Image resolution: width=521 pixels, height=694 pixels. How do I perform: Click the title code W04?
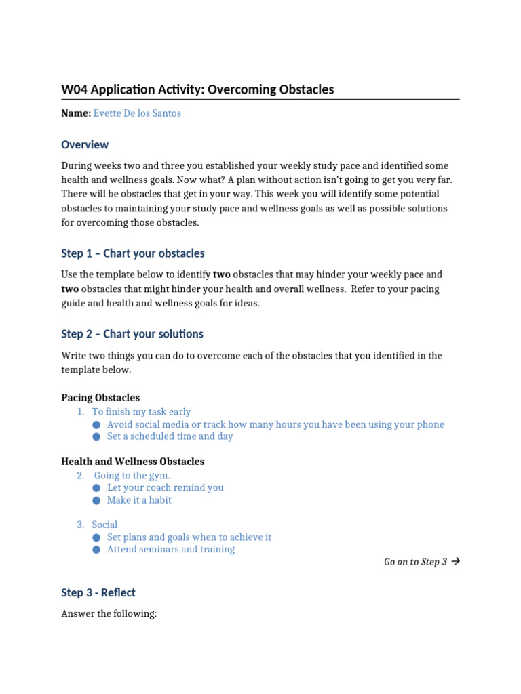click(75, 89)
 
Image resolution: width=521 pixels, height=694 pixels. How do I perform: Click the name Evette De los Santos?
click(137, 113)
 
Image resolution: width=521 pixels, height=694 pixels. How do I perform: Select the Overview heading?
click(85, 144)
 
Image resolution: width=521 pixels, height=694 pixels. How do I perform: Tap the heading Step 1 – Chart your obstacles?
click(132, 253)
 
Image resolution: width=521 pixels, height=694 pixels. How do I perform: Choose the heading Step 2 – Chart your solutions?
click(132, 334)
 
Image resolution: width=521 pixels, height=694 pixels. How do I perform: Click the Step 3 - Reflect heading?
click(98, 593)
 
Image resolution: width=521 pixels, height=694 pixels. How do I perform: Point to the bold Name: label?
click(76, 113)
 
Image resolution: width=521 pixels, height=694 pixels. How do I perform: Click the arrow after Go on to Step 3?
click(455, 562)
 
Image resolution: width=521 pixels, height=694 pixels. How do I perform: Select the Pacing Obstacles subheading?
click(100, 398)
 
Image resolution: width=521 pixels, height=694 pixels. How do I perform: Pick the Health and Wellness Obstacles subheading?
click(132, 462)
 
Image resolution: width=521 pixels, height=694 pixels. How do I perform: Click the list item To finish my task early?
click(141, 412)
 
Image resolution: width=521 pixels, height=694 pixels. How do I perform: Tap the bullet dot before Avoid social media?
click(97, 425)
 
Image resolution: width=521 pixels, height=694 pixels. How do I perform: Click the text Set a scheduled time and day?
click(170, 436)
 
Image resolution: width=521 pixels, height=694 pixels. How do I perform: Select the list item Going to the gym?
click(132, 476)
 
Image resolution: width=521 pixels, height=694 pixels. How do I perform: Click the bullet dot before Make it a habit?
click(97, 500)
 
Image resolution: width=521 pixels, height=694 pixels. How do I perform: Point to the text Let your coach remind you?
click(165, 488)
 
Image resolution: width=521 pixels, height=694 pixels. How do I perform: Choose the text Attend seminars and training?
click(171, 550)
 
